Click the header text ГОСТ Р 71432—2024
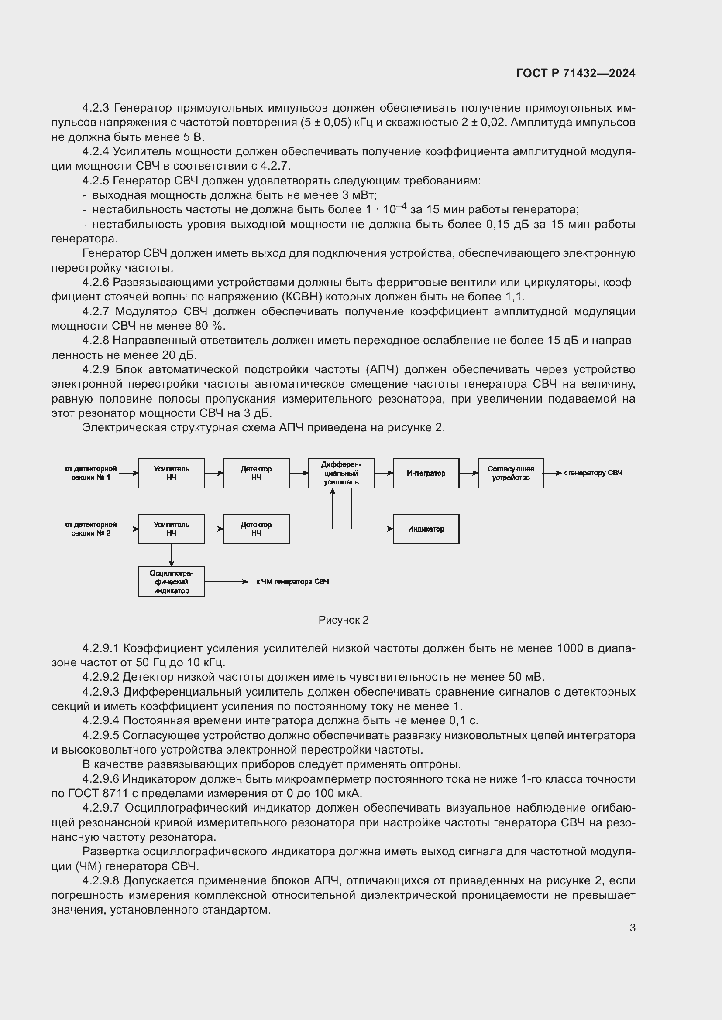pyautogui.click(x=575, y=73)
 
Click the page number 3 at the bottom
pyautogui.click(x=632, y=928)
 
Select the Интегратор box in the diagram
pyautogui.click(x=426, y=473)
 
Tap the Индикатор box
pyautogui.click(x=426, y=529)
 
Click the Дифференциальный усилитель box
pyautogui.click(x=341, y=473)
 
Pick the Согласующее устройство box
pyautogui.click(x=510, y=473)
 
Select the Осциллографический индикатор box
pyautogui.click(x=171, y=582)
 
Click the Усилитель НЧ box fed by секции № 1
pyautogui.click(x=171, y=473)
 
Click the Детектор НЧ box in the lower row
pyautogui.click(x=256, y=529)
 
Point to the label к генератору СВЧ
pyautogui.click(x=592, y=473)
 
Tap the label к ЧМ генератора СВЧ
pyautogui.click(x=292, y=582)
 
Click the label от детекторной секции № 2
pyautogui.click(x=91, y=529)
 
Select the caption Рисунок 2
pyautogui.click(x=343, y=620)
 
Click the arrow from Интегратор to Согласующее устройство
pyautogui.click(x=468, y=473)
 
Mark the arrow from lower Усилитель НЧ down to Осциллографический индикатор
pyautogui.click(x=172, y=555)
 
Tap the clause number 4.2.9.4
pyautogui.click(x=101, y=720)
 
